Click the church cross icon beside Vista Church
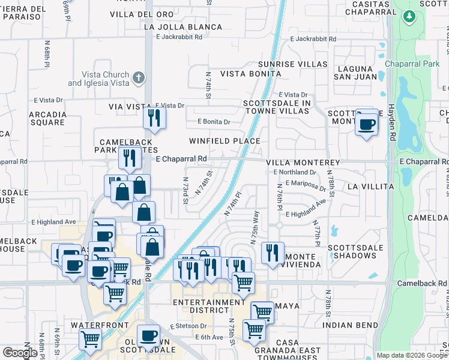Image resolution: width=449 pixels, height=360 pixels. click(139, 77)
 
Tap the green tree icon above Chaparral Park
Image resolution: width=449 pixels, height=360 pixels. click(409, 17)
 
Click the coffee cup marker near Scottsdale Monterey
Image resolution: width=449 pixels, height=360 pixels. click(367, 124)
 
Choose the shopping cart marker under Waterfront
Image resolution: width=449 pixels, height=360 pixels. click(91, 338)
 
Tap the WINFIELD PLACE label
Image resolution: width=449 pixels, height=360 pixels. click(224, 141)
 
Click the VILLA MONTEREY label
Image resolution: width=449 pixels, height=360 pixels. click(303, 163)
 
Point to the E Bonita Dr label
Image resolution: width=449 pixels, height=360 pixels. click(214, 122)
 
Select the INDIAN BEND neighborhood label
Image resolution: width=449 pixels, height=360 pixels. click(349, 325)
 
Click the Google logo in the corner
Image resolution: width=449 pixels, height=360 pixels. click(20, 353)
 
